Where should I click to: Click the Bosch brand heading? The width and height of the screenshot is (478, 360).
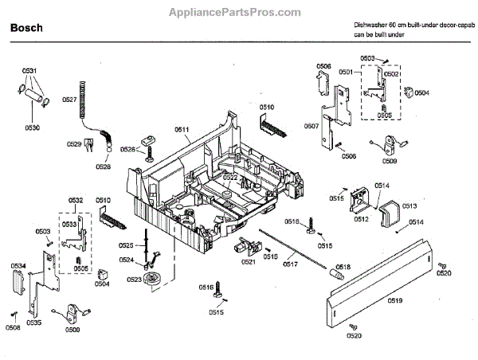[x=25, y=28]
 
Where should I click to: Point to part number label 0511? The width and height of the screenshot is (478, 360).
[x=182, y=129]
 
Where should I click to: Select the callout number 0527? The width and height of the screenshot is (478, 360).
[x=69, y=100]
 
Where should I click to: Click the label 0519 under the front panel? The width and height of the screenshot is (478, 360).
[x=395, y=300]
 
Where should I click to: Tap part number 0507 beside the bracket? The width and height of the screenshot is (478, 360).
[x=311, y=126]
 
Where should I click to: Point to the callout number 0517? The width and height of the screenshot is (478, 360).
[x=290, y=264]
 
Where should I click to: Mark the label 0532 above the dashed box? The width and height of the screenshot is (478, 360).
[x=76, y=199]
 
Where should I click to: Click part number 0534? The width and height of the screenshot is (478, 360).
[x=18, y=266]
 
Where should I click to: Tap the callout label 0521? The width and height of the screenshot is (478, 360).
[x=249, y=262]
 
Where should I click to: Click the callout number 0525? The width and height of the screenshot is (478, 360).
[x=126, y=245]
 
